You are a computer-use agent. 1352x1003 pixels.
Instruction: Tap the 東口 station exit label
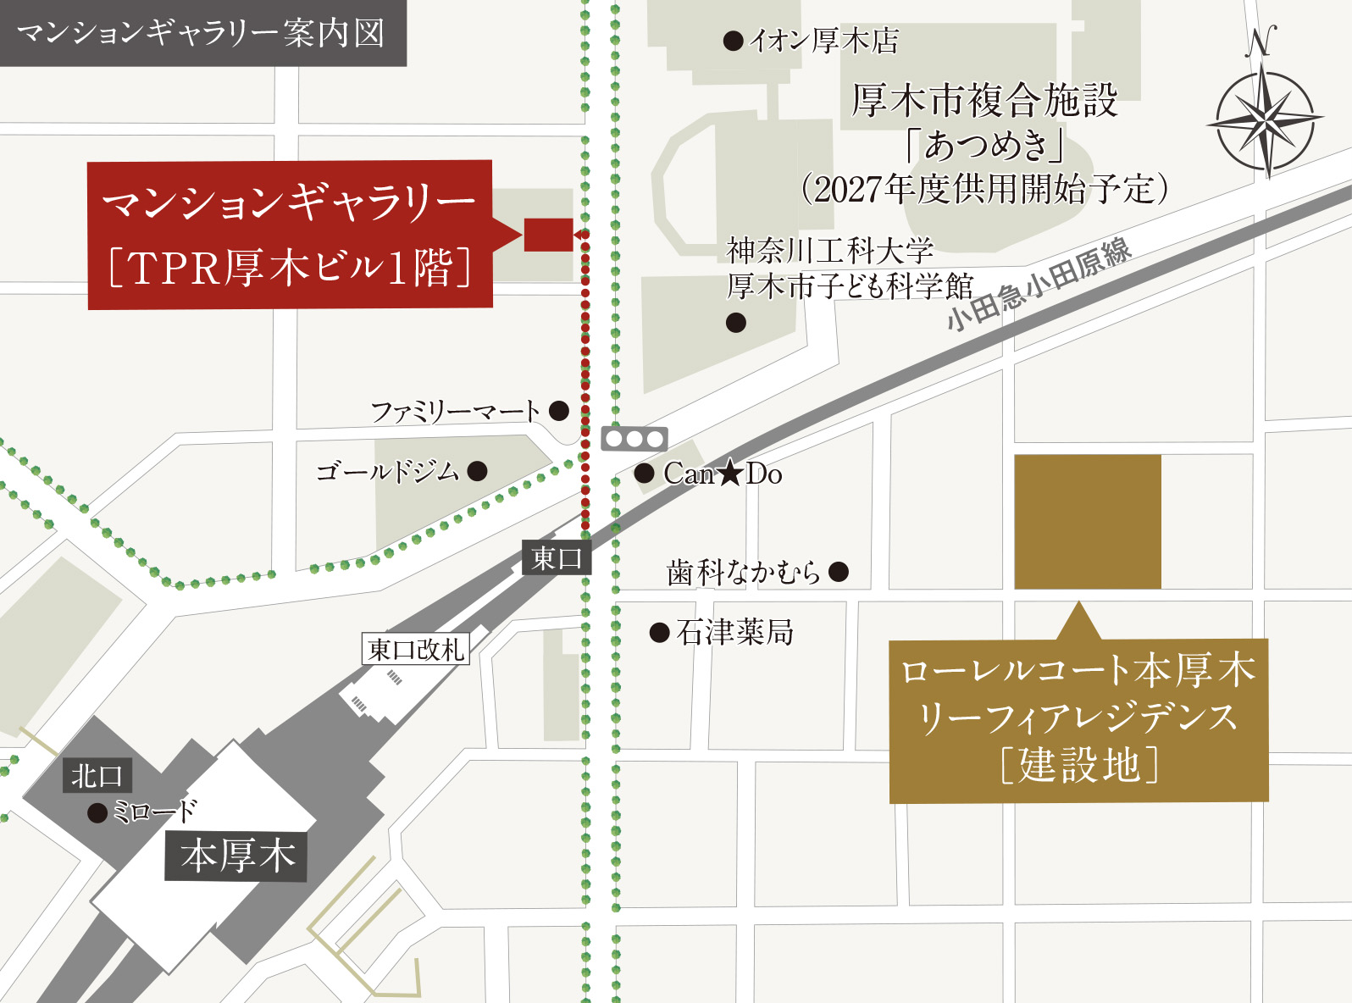(557, 557)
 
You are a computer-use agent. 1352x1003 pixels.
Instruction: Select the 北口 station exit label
(97, 775)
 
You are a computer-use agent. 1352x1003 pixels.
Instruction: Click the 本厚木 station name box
(236, 856)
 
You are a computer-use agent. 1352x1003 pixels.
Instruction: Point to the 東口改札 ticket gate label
(416, 650)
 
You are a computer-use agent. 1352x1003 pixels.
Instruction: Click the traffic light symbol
(634, 439)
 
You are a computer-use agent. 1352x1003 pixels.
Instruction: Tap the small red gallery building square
(548, 235)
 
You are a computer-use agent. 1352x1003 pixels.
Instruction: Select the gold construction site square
(1088, 522)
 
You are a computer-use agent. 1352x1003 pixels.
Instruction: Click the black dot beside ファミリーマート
(559, 411)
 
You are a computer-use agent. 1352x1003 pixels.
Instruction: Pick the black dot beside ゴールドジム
(478, 471)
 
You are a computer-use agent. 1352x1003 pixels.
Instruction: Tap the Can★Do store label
(723, 474)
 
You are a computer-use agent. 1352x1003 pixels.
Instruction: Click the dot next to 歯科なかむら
(839, 572)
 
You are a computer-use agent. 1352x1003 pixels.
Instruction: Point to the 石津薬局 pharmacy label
(734, 632)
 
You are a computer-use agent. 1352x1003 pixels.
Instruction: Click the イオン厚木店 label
(823, 41)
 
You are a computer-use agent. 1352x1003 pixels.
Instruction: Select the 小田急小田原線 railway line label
(1039, 284)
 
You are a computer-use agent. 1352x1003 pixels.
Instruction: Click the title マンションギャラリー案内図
(201, 33)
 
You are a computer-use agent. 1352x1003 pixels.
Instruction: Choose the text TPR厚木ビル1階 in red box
(290, 268)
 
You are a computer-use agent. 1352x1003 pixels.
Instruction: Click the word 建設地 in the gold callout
(1078, 765)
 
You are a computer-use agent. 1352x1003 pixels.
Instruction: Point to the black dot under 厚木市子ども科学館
(736, 322)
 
